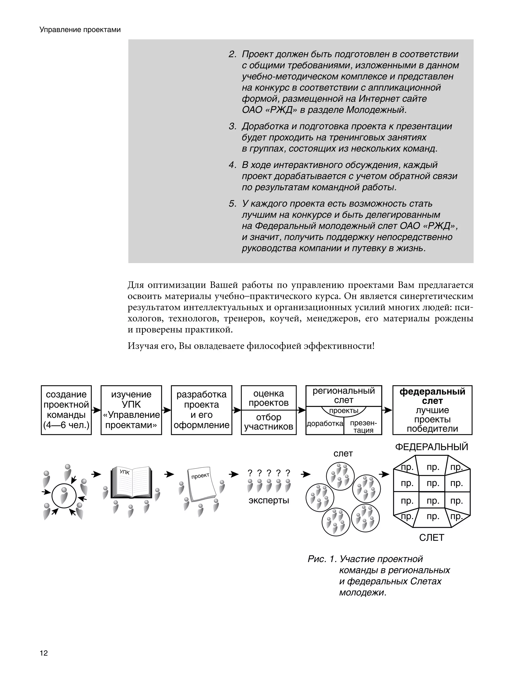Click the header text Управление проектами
(x=80, y=30)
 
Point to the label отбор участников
(x=269, y=422)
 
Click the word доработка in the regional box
(x=325, y=424)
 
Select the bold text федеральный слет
(x=432, y=396)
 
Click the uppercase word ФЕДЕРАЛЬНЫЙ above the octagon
(x=431, y=447)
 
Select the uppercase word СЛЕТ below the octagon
(x=431, y=538)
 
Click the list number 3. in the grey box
(x=232, y=127)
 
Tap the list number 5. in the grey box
(x=232, y=204)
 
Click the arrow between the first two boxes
(x=96, y=410)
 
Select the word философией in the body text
(x=274, y=346)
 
